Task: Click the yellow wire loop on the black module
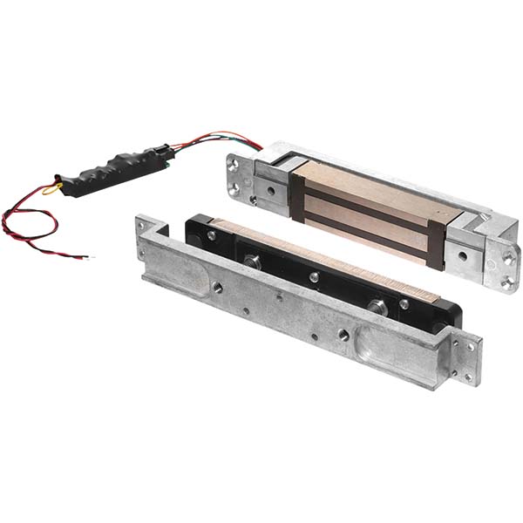[52, 187]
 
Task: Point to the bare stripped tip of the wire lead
[85, 256]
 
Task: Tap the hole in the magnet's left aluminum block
[273, 189]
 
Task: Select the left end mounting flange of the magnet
[240, 176]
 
